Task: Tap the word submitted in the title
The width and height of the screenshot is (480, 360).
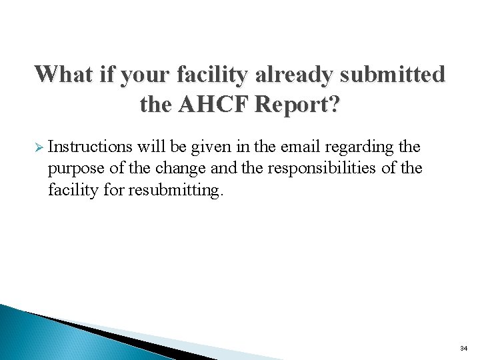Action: [393, 73]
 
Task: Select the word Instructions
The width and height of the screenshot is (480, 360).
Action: [90, 146]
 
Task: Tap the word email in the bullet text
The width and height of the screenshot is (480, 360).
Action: [302, 146]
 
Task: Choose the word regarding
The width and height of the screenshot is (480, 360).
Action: [360, 147]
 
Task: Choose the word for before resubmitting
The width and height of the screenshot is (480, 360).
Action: [117, 189]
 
